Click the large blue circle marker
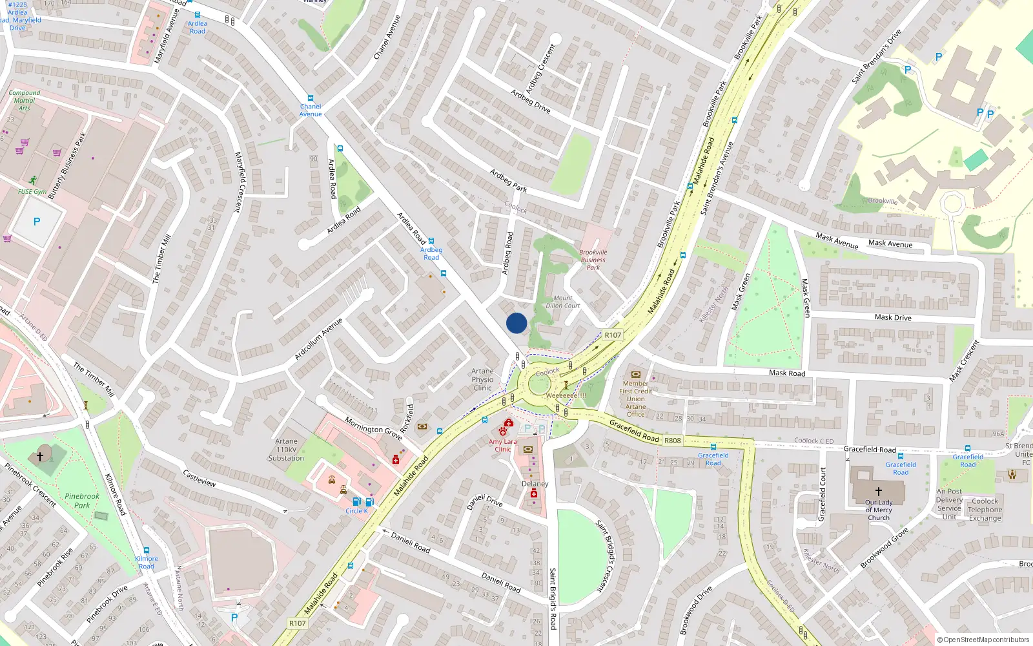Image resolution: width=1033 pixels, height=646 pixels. tap(516, 323)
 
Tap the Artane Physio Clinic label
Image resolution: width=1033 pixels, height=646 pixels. tap(482, 379)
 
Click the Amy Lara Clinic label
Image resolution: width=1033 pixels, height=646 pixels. tap(502, 445)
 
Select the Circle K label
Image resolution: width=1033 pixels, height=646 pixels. tap(356, 511)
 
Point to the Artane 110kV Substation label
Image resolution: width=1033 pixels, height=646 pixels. tap(286, 450)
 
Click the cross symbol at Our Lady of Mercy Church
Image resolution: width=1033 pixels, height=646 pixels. tap(878, 492)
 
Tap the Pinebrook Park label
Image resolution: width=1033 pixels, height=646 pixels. tap(82, 501)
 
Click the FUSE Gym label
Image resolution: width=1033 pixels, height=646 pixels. tap(32, 191)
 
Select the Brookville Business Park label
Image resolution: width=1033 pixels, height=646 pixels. tap(593, 260)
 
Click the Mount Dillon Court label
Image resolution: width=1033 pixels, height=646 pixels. tap(563, 302)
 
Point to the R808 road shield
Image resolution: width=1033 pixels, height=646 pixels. tap(672, 441)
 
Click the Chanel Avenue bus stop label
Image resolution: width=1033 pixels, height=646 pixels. tap(311, 110)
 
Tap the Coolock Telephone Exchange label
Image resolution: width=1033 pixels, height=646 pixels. tap(985, 509)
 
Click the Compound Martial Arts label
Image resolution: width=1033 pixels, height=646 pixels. tap(25, 100)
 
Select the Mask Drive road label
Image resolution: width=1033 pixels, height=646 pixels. tap(893, 317)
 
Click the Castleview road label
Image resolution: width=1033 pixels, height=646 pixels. tap(199, 479)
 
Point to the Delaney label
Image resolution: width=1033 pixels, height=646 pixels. tap(535, 483)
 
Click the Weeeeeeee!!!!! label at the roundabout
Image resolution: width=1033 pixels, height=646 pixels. tap(566, 395)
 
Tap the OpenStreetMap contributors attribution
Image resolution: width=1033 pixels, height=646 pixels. tap(983, 640)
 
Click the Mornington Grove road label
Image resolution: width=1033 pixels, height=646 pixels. tap(373, 428)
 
